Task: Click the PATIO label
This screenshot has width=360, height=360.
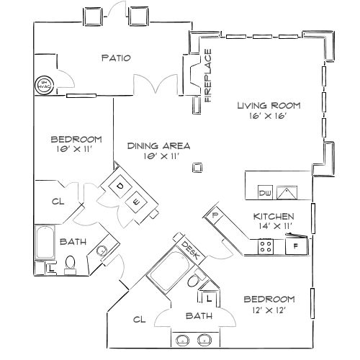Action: pyautogui.click(x=116, y=58)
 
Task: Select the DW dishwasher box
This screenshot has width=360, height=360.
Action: pyautogui.click(x=264, y=194)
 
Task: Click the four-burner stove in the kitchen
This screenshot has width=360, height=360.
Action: pyautogui.click(x=265, y=247)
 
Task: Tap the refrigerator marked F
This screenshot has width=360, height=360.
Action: pyautogui.click(x=294, y=247)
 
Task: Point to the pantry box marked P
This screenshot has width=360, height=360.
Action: pyautogui.click(x=215, y=215)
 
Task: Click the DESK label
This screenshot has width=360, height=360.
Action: pyautogui.click(x=189, y=249)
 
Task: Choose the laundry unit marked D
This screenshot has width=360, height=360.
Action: pyautogui.click(x=120, y=186)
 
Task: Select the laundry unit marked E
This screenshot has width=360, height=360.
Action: pyautogui.click(x=136, y=202)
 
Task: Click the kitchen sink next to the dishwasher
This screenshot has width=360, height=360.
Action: pyautogui.click(x=288, y=192)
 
